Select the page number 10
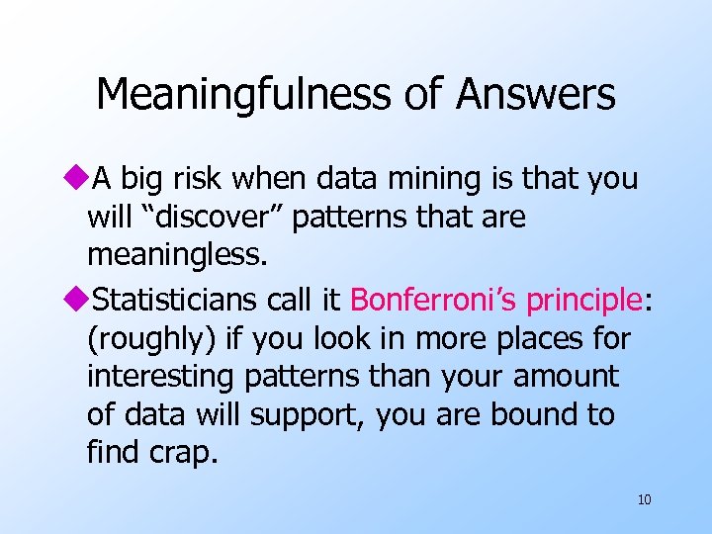pyautogui.click(x=644, y=499)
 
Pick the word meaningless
pyautogui.click(x=177, y=256)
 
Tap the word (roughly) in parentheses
pyautogui.click(x=151, y=339)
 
